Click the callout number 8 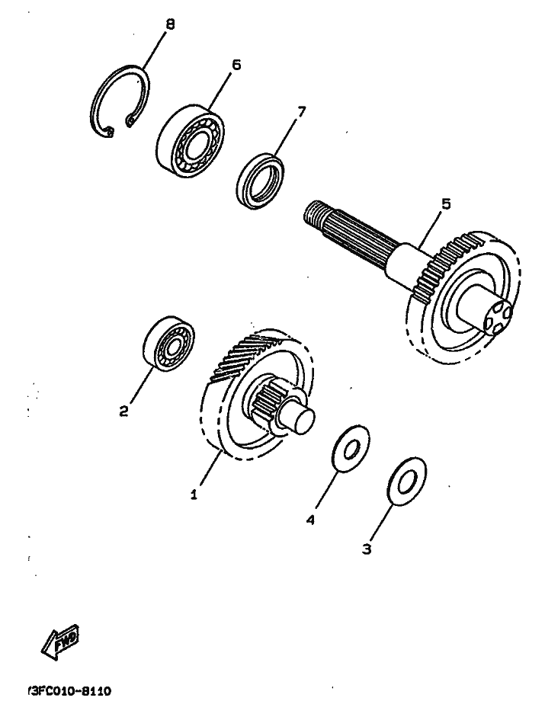pyautogui.click(x=170, y=24)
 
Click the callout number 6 pyautogui.click(x=236, y=66)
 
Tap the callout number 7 pyautogui.click(x=300, y=111)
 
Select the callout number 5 pyautogui.click(x=446, y=204)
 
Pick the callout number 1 pyautogui.click(x=194, y=495)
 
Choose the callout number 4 pyautogui.click(x=311, y=520)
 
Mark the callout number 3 pyautogui.click(x=367, y=549)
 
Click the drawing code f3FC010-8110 pyautogui.click(x=69, y=690)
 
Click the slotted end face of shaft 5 pyautogui.click(x=498, y=314)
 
